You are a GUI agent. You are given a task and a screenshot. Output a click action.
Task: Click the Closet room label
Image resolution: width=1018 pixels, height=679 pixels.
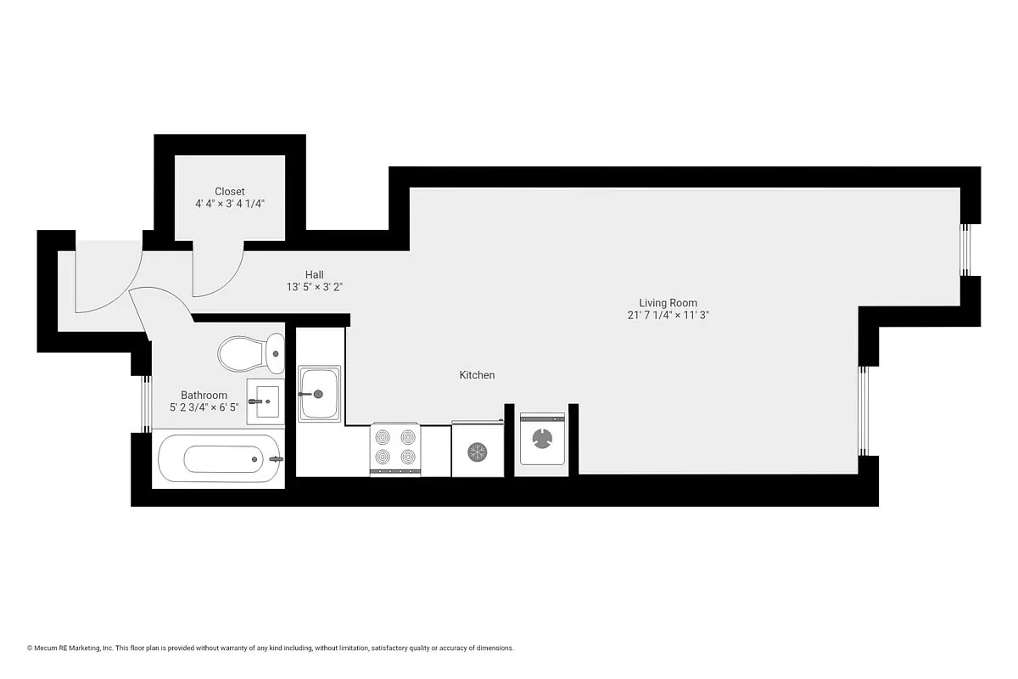click(x=229, y=192)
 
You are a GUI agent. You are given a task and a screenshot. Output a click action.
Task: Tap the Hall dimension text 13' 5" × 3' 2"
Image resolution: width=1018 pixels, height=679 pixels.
click(x=314, y=287)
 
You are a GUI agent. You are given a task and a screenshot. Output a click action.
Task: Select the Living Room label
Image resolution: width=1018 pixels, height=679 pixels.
click(x=668, y=302)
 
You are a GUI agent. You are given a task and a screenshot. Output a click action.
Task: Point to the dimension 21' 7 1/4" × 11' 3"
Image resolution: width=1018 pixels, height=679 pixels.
click(x=668, y=315)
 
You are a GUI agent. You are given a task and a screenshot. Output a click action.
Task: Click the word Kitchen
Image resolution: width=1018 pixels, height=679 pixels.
click(x=477, y=375)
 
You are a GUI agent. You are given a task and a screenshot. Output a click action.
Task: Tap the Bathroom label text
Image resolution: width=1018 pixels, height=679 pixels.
click(x=204, y=395)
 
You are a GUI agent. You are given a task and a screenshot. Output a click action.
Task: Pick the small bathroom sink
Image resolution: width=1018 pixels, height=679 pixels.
click(x=266, y=399)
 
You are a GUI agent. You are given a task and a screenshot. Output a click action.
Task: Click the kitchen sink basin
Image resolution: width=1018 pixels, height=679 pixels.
click(x=320, y=395)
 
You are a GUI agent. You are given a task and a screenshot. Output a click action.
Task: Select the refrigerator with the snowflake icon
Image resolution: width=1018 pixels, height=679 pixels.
click(x=478, y=450)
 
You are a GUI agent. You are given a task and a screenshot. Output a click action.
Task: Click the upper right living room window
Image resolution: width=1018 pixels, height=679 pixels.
click(x=965, y=250)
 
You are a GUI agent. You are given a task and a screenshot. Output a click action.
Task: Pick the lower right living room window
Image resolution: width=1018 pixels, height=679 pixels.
click(x=863, y=411)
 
